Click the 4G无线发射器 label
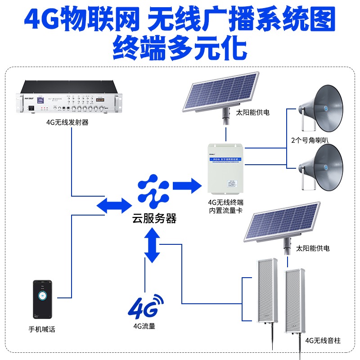(x=67, y=121)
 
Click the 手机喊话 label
(x=42, y=329)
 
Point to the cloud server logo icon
(x=153, y=193)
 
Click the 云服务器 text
(x=154, y=219)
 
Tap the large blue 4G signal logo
(x=146, y=307)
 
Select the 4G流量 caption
(x=144, y=326)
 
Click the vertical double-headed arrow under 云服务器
(x=152, y=245)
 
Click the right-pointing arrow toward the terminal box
(x=186, y=184)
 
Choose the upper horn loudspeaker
(x=321, y=108)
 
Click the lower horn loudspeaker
(x=321, y=166)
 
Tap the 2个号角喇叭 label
(x=310, y=140)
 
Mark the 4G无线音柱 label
(x=323, y=340)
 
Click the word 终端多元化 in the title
(x=180, y=47)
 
